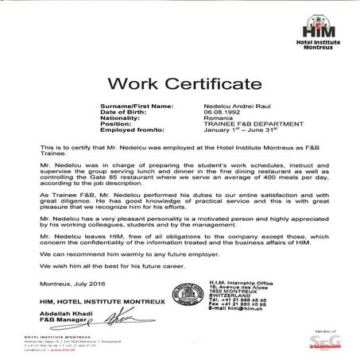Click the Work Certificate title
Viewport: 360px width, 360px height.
click(180, 85)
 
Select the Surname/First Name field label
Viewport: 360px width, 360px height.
click(136, 106)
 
